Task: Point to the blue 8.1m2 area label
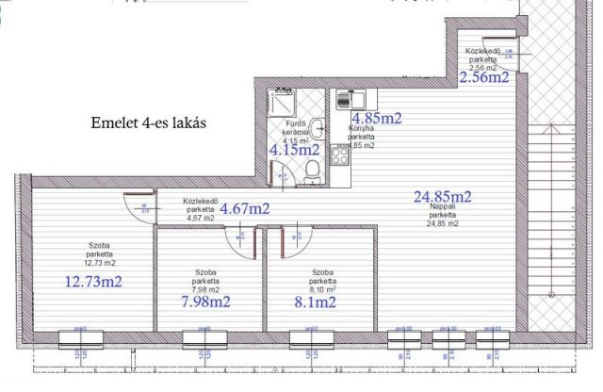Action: pos(316,302)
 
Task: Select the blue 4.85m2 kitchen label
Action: pos(377,118)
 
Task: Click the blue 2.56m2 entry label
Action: pos(483,77)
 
